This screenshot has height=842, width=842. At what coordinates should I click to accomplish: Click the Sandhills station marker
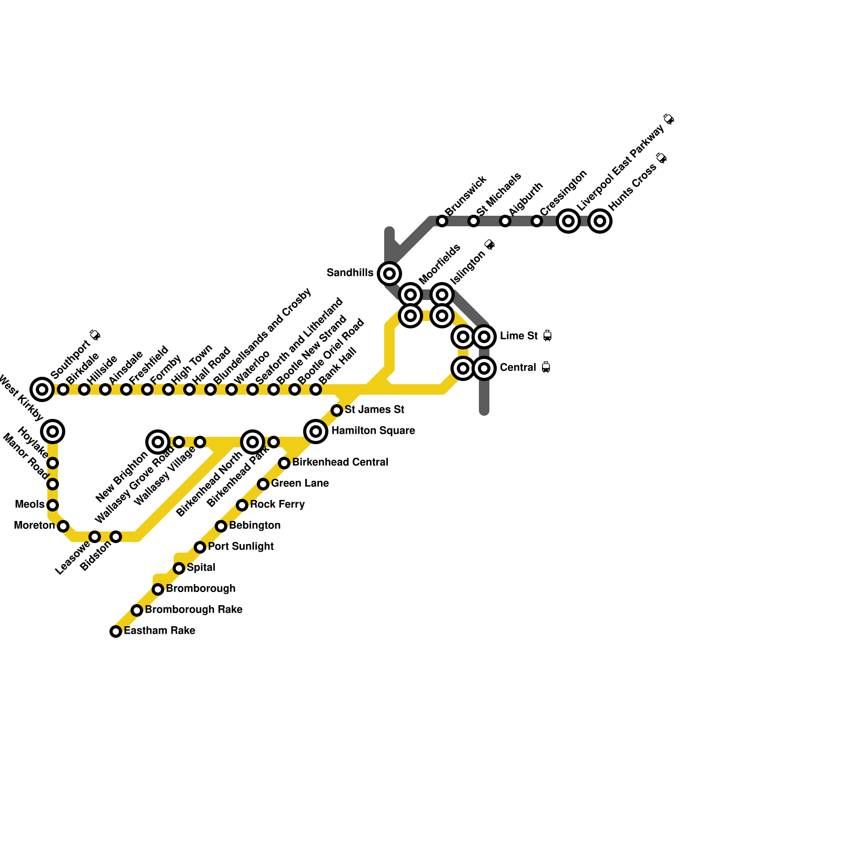click(389, 273)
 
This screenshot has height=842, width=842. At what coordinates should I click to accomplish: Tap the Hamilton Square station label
click(373, 431)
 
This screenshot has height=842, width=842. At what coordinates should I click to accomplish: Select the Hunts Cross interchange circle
click(600, 220)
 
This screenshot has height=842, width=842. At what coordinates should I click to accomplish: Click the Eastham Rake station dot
click(116, 631)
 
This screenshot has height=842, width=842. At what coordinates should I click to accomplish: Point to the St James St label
click(374, 409)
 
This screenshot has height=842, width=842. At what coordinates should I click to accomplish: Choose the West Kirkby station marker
click(53, 432)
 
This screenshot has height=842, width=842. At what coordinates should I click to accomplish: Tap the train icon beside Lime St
click(547, 336)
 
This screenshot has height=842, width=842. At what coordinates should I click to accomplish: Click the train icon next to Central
click(546, 367)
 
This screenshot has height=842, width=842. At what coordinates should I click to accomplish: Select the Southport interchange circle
click(42, 389)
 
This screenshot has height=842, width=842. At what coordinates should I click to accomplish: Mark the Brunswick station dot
click(442, 221)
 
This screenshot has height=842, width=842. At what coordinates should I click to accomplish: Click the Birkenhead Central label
click(340, 462)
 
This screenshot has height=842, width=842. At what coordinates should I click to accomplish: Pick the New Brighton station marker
click(158, 442)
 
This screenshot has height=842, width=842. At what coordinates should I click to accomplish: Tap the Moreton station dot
click(63, 526)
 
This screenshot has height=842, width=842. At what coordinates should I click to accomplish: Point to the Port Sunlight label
click(240, 546)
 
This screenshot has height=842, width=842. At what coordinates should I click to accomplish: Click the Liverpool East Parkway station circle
click(568, 220)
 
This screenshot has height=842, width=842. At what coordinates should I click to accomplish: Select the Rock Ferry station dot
click(242, 505)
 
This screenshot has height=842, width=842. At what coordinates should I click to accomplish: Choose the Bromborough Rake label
click(194, 609)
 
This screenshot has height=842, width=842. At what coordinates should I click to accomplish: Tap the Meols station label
click(30, 505)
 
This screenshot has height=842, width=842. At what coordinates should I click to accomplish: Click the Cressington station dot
click(537, 221)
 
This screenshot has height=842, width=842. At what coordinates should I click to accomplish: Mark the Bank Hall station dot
click(316, 389)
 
